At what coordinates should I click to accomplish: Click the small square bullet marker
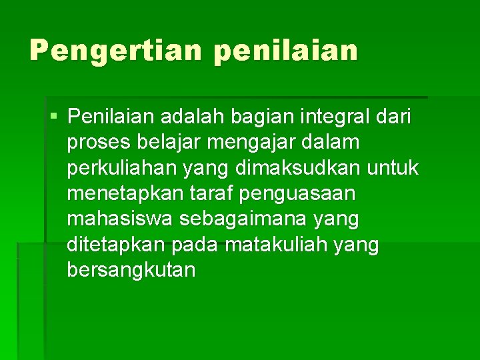(53, 117)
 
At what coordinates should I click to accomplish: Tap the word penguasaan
(298, 195)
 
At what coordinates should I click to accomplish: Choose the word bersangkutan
(131, 271)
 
